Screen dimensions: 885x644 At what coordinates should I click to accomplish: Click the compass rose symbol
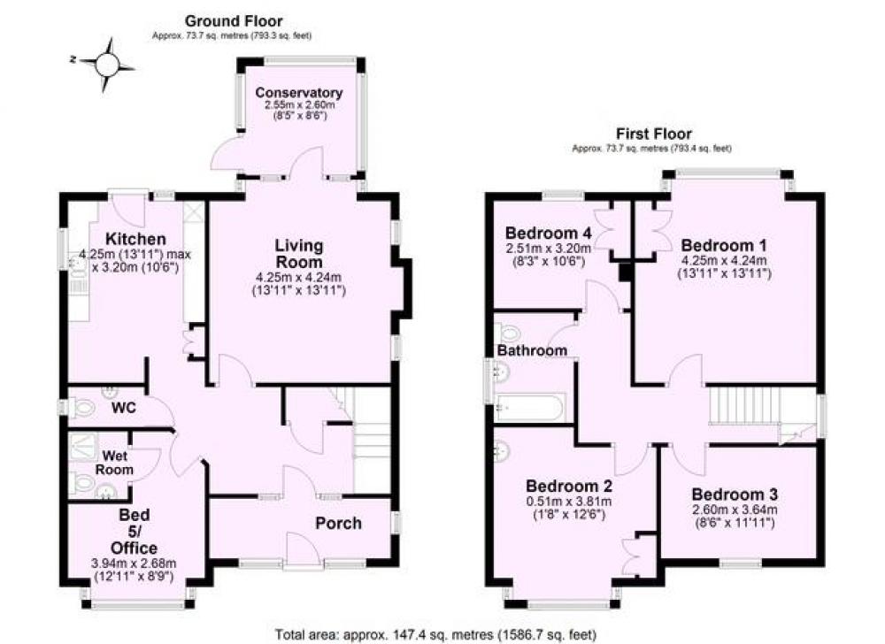pyautogui.click(x=107, y=65)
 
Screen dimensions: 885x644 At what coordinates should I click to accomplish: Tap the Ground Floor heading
pyautogui.click(x=234, y=21)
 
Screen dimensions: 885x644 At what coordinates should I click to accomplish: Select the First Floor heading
pyautogui.click(x=654, y=134)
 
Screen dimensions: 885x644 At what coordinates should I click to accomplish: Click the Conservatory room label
pyautogui.click(x=298, y=93)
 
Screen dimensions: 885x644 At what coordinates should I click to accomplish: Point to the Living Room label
pyautogui.click(x=298, y=254)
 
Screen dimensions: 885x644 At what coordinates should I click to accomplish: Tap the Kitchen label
pyautogui.click(x=135, y=239)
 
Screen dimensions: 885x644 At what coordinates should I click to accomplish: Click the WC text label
pyautogui.click(x=124, y=407)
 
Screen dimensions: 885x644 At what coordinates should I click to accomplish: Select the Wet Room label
pyautogui.click(x=114, y=463)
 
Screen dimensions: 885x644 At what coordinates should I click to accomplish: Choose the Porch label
pyautogui.click(x=338, y=523)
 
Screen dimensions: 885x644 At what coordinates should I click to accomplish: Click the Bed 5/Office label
pyautogui.click(x=134, y=532)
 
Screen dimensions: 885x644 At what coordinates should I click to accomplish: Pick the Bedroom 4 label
pyautogui.click(x=549, y=233)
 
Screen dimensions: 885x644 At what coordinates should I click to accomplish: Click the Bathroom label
pyautogui.click(x=532, y=350)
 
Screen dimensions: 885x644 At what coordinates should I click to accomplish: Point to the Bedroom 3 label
pyautogui.click(x=735, y=494)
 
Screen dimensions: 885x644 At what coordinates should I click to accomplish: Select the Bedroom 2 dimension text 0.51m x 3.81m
pyautogui.click(x=569, y=502)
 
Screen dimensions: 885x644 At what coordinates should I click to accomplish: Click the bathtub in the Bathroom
pyautogui.click(x=529, y=407)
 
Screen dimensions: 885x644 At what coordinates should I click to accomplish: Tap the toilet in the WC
pyautogui.click(x=81, y=407)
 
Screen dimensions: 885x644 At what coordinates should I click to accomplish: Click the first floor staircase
pyautogui.click(x=745, y=405)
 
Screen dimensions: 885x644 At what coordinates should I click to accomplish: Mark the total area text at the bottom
pyautogui.click(x=435, y=634)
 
